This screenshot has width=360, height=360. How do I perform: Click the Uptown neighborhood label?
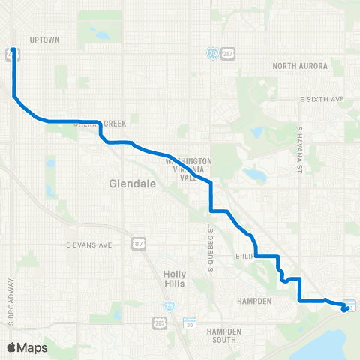click(x=43, y=39)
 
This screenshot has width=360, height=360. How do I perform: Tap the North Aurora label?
click(x=300, y=66)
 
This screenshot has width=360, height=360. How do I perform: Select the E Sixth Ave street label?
click(x=321, y=99)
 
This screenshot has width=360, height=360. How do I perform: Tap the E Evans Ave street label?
click(x=88, y=244)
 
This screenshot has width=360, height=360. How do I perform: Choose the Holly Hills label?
click(x=175, y=279)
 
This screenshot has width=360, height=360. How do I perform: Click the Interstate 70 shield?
click(x=212, y=54)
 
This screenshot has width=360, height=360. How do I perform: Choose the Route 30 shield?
click(x=189, y=324)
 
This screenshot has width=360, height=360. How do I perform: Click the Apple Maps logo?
click(x=28, y=347)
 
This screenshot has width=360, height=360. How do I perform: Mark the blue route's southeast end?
click(x=344, y=307)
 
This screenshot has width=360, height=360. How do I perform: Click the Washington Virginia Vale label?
click(x=188, y=170)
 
